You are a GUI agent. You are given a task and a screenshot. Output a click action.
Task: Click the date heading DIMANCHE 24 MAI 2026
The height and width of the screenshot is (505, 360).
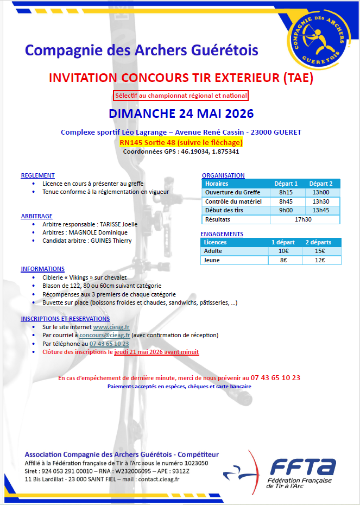[181, 114]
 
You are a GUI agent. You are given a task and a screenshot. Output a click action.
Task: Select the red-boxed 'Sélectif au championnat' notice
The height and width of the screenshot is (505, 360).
[181, 96]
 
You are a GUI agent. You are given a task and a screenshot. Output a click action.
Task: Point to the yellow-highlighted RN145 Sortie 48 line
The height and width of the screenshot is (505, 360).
[181, 142]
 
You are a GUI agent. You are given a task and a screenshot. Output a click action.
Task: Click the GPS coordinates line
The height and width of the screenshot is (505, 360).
[181, 151]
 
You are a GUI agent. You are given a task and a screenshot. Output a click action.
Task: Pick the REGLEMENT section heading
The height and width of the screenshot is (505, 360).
[37, 175]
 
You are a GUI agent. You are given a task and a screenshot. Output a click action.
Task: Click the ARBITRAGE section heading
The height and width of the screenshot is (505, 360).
[36, 216]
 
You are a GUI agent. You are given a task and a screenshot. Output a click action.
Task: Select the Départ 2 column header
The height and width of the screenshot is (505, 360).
[320, 184]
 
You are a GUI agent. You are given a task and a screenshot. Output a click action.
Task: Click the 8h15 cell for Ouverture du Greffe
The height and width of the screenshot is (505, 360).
[286, 192]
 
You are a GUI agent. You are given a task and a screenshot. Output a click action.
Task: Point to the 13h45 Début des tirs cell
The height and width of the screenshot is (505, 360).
[320, 210]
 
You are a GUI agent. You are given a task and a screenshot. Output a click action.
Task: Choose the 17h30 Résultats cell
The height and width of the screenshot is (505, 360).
[303, 219]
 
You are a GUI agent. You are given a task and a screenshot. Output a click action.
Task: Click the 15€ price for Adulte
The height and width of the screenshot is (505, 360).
[320, 251]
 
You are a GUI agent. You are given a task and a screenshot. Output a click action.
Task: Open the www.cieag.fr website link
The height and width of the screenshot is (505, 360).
[111, 327]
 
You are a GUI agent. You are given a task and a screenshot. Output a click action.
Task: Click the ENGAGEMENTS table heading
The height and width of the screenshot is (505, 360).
[222, 234]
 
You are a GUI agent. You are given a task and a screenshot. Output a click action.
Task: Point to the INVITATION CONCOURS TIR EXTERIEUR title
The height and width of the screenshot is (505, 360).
[181, 78]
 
